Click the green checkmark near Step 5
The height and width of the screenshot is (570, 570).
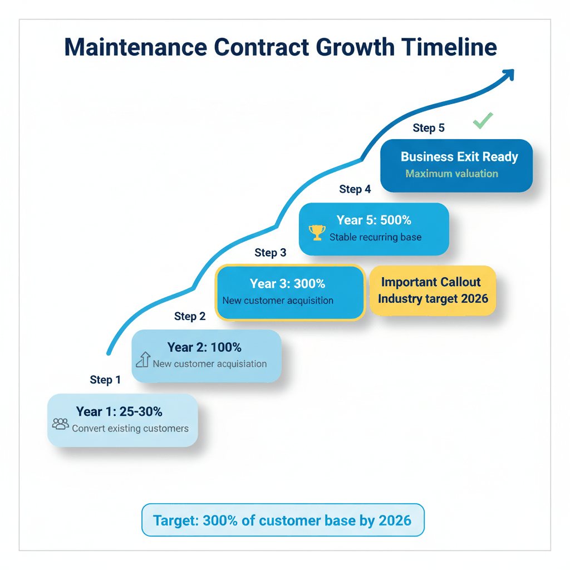point(483,120)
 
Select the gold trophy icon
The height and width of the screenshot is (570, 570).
point(317,232)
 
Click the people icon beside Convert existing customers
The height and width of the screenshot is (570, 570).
point(60,424)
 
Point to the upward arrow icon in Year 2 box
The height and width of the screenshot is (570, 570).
point(143,360)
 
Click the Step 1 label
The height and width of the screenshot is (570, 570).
point(105,380)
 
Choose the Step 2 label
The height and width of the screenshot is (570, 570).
point(190,316)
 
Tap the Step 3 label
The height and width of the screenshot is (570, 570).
point(271,253)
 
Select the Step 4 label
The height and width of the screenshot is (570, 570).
point(355,189)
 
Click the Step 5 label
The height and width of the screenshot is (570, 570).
point(429,128)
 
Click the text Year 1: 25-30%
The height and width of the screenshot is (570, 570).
point(119,412)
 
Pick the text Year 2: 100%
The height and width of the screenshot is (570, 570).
point(204,347)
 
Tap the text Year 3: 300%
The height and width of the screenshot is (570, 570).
point(287,284)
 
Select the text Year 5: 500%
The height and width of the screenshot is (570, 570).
point(374,220)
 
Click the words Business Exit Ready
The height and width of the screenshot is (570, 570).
point(459,157)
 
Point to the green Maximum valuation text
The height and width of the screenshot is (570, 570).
point(451,174)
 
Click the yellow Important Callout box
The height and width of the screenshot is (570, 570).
point(433,291)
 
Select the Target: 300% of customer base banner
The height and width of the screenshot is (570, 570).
point(282,520)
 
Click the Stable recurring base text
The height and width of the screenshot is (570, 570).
point(375,237)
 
